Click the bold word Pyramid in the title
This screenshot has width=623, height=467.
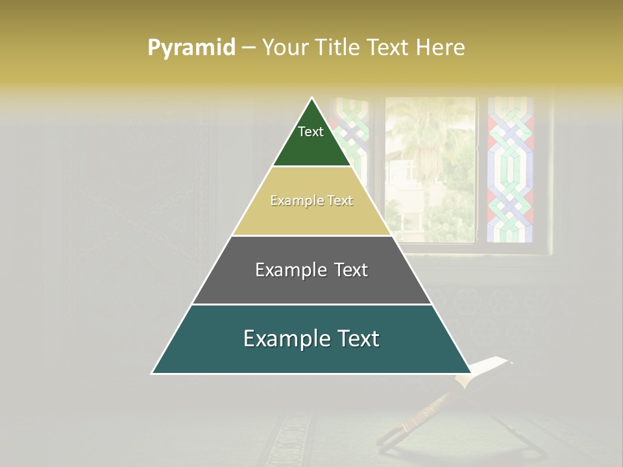[x=191, y=48]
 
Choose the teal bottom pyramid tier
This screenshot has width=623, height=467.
[x=214, y=353]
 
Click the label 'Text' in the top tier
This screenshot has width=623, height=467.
[x=311, y=132]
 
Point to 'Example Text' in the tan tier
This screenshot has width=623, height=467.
[x=311, y=201]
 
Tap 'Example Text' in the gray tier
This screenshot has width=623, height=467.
[x=311, y=270]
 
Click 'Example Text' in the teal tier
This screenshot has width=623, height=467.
[x=311, y=339]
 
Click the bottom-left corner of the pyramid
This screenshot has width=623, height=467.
[x=153, y=372]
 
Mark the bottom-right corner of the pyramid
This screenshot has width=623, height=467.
[x=470, y=372]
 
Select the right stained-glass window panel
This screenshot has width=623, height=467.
[x=510, y=169]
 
